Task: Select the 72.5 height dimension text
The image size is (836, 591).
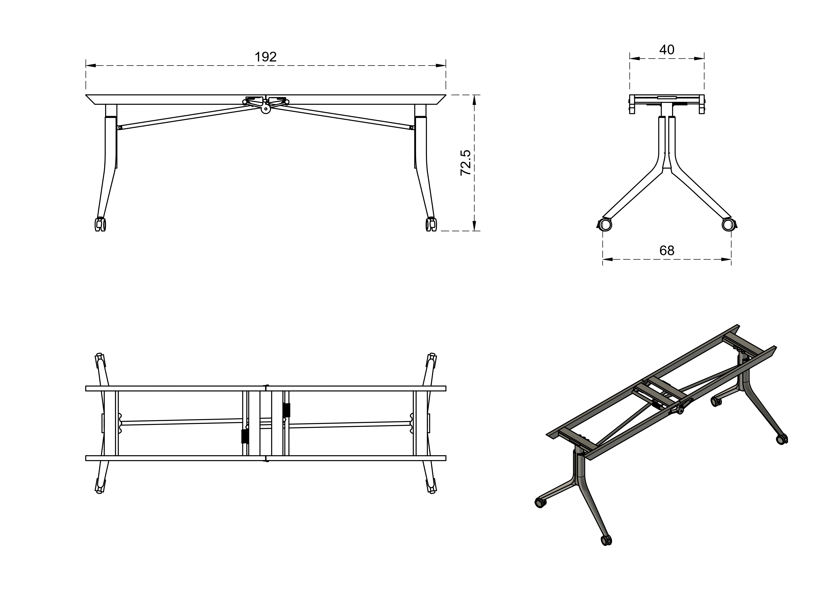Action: pos(466,163)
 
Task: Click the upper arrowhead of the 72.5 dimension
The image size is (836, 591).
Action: pos(474,100)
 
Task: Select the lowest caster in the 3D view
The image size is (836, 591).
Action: pos(606,540)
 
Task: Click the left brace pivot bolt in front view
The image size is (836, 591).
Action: pos(120,127)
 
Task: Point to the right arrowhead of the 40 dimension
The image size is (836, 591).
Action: pos(699,58)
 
